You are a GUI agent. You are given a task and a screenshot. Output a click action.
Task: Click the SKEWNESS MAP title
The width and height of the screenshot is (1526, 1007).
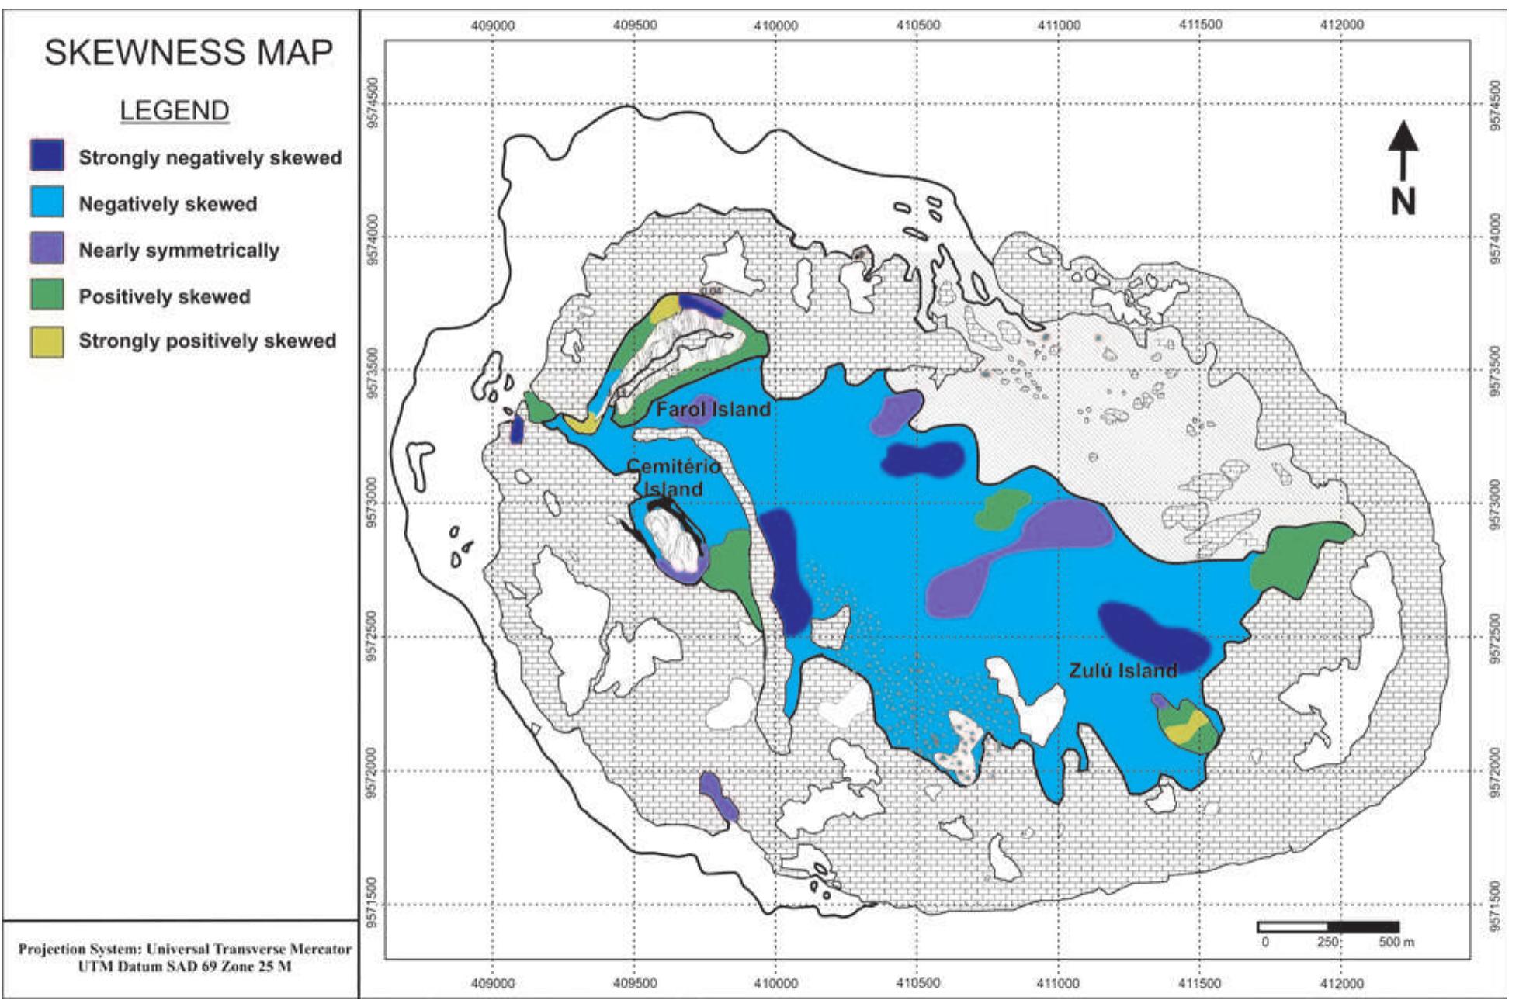(x=188, y=53)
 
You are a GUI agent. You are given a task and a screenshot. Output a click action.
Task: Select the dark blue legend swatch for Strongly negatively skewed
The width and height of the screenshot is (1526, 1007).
(x=47, y=155)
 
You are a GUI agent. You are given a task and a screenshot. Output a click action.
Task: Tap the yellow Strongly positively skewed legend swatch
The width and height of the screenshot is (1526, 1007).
(x=47, y=341)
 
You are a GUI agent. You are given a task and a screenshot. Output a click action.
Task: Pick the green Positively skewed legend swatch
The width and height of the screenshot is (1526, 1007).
(x=47, y=296)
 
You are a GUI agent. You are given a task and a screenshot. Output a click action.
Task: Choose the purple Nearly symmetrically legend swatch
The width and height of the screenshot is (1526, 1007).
(x=47, y=249)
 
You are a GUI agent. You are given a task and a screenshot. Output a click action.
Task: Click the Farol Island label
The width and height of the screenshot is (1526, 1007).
(x=713, y=410)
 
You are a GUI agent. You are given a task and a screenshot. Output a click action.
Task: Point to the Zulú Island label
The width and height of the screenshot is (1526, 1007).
(x=1122, y=670)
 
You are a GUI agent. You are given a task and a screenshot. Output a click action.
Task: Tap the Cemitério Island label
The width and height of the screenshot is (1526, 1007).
(x=672, y=477)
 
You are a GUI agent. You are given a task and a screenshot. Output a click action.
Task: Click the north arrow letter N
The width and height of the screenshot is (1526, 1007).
(x=1403, y=202)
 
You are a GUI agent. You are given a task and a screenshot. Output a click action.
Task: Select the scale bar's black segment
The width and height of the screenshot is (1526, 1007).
(x=1362, y=926)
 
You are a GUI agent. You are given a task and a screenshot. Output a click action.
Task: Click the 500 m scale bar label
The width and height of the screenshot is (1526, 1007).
(x=1396, y=942)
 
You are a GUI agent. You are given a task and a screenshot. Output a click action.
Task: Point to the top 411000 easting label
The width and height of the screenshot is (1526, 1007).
(x=1058, y=25)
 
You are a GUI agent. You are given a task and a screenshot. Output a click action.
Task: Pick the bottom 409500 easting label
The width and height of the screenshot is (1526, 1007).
(x=634, y=983)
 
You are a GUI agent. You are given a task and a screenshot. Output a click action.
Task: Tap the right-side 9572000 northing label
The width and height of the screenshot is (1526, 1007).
(x=1495, y=772)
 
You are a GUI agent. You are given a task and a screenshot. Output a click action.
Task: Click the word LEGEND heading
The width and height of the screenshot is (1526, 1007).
(x=174, y=110)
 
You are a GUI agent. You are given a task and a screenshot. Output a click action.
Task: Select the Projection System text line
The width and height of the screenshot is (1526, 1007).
(x=185, y=949)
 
